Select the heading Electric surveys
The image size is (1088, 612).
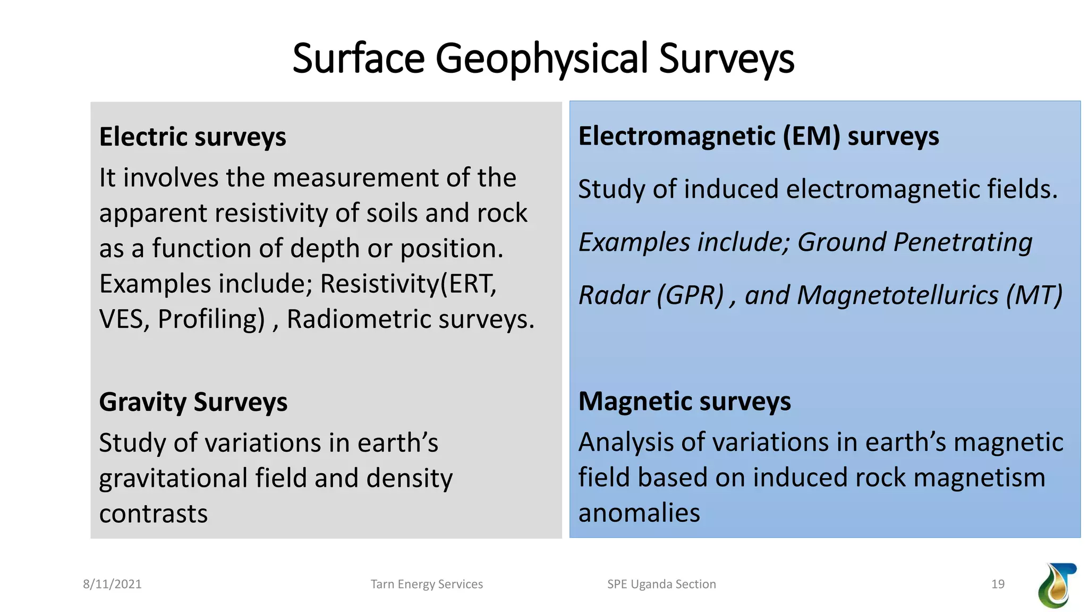pos(192,137)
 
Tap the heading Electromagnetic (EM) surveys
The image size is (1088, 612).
pos(758,136)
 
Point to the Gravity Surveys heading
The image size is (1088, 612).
pos(193,402)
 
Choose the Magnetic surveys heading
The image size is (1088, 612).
pos(684,401)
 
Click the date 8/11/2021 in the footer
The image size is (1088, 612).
pos(112,584)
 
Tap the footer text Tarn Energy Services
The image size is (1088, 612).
pos(427,584)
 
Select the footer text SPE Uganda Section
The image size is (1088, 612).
pos(661,584)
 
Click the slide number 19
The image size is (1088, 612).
pos(998,584)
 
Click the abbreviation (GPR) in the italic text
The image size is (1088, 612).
pos(690,295)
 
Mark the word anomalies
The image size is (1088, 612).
pos(639,513)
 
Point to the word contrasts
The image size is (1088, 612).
pos(153,514)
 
